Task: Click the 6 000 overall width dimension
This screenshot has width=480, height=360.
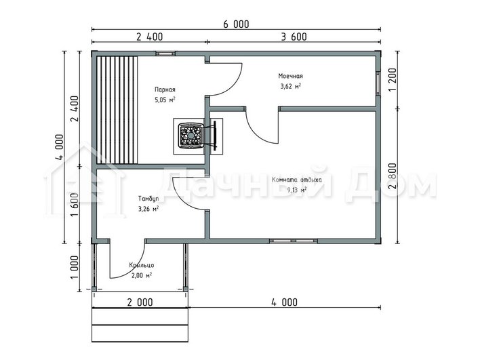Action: (x=236, y=24)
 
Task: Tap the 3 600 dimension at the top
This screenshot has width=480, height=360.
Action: (x=294, y=37)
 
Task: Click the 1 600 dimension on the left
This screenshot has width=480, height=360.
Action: (x=75, y=205)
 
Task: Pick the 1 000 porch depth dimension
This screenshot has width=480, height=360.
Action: (x=75, y=267)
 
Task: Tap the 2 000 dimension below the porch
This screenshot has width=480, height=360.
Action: (x=140, y=302)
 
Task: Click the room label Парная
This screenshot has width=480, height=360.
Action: (x=165, y=89)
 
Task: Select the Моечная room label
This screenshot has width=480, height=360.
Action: (x=291, y=76)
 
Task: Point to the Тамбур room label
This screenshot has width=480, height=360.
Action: (x=148, y=199)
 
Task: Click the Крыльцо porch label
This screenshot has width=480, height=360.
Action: (x=142, y=265)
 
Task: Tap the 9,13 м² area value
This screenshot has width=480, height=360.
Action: (x=297, y=191)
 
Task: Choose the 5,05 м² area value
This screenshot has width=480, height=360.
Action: (x=165, y=100)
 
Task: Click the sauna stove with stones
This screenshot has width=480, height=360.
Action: (x=191, y=136)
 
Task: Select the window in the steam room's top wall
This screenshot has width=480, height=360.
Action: (x=165, y=54)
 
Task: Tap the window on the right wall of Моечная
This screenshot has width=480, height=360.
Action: (x=378, y=83)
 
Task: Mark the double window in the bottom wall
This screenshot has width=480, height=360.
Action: (x=294, y=241)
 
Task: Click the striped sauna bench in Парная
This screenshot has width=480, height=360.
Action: (x=117, y=111)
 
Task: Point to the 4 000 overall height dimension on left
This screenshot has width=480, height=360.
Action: (x=60, y=146)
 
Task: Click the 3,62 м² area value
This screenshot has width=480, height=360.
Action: (x=291, y=86)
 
